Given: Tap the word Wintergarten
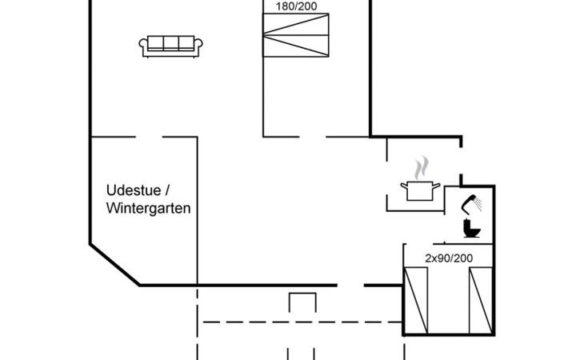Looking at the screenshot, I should point(148,209).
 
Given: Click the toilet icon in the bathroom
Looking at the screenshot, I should point(470,228).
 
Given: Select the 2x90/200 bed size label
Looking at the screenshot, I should point(449,258).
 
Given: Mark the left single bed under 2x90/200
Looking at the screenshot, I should point(417,300).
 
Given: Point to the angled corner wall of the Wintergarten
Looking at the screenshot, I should point(114,265).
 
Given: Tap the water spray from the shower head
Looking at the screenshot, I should point(478,204).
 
